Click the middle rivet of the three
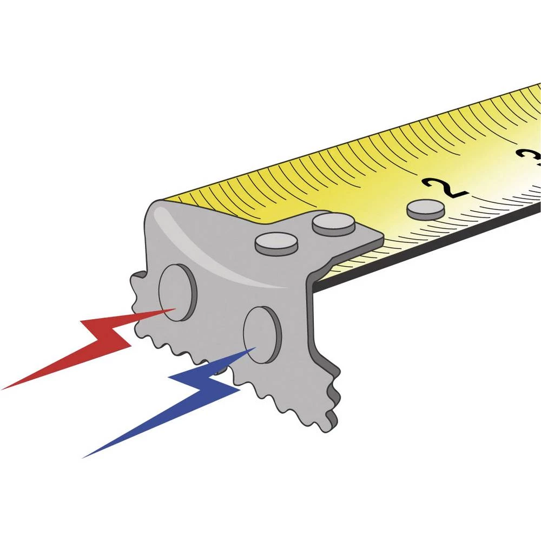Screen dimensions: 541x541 coord(333,223)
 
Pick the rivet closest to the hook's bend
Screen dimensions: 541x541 coord(276,243)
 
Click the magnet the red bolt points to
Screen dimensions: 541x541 coord(177,292)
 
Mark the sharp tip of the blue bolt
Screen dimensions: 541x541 coord(254,349)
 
